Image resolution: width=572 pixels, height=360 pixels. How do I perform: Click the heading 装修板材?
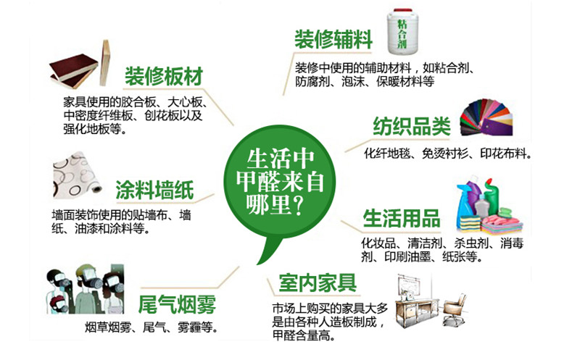(164, 76)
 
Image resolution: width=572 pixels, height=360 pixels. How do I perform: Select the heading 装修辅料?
(333, 39)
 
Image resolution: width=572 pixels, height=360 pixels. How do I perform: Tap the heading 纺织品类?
(412, 127)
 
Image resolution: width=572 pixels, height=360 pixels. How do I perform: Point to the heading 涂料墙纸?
(154, 190)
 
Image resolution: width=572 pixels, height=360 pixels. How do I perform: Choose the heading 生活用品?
(402, 218)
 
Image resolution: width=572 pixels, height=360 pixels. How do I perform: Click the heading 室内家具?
(318, 282)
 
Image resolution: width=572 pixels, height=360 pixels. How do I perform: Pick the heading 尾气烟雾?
(177, 304)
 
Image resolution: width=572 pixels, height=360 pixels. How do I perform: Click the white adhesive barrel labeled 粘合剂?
(402, 32)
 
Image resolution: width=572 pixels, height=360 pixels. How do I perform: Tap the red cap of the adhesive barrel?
(402, 11)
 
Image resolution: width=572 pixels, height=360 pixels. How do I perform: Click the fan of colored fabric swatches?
(486, 117)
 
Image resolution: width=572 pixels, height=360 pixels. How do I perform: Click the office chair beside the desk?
(454, 309)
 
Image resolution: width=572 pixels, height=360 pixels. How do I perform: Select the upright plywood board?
(105, 62)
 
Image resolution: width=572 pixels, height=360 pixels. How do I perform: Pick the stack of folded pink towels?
(502, 224)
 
